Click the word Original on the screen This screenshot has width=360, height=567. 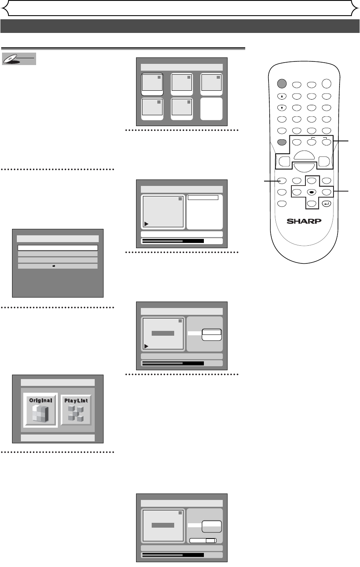[x=40, y=400]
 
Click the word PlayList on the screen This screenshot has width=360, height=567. [x=76, y=400]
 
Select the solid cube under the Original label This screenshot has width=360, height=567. [x=40, y=414]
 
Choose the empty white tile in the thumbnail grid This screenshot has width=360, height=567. [x=211, y=108]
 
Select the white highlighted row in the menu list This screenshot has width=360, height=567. [x=58, y=248]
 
